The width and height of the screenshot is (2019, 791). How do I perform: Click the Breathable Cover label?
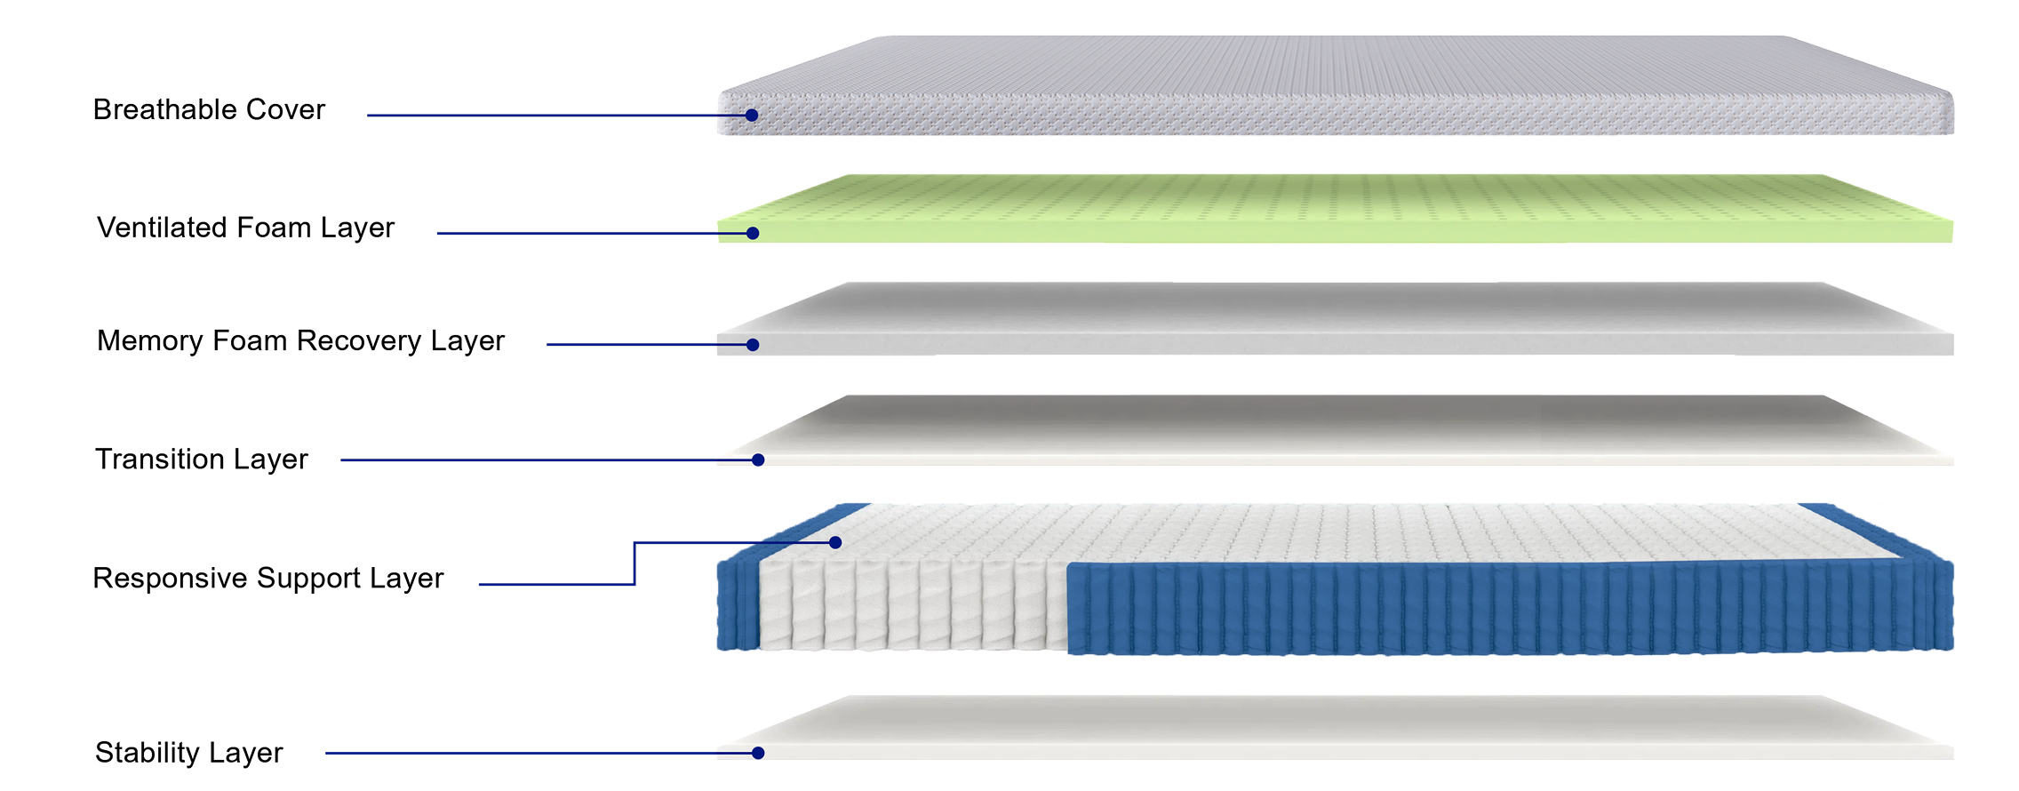pos(209,109)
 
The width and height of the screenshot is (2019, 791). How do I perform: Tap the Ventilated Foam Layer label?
pos(245,228)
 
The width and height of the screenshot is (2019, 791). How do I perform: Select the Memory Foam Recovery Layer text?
pos(300,340)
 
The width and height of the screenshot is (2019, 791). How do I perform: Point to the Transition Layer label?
pos(201,459)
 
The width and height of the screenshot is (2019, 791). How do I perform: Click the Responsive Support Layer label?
pos(267,578)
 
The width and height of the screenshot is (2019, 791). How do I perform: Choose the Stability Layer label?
pos(188,753)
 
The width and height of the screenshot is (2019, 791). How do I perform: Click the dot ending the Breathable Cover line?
pos(752,116)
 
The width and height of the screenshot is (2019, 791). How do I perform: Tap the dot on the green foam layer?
pos(753,234)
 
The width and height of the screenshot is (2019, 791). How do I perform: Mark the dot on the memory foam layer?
pos(753,345)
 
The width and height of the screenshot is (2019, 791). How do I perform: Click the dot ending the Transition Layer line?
pos(758,460)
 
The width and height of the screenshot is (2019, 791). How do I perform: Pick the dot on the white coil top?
pos(835,542)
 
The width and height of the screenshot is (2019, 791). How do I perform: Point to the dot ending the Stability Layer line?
pos(758,754)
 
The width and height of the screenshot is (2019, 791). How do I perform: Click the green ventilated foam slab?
pos(1335,209)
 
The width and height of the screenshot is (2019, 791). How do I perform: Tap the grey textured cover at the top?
pos(1335,85)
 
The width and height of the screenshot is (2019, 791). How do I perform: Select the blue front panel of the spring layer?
pos(1510,609)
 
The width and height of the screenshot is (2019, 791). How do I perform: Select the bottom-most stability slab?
pos(1335,728)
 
